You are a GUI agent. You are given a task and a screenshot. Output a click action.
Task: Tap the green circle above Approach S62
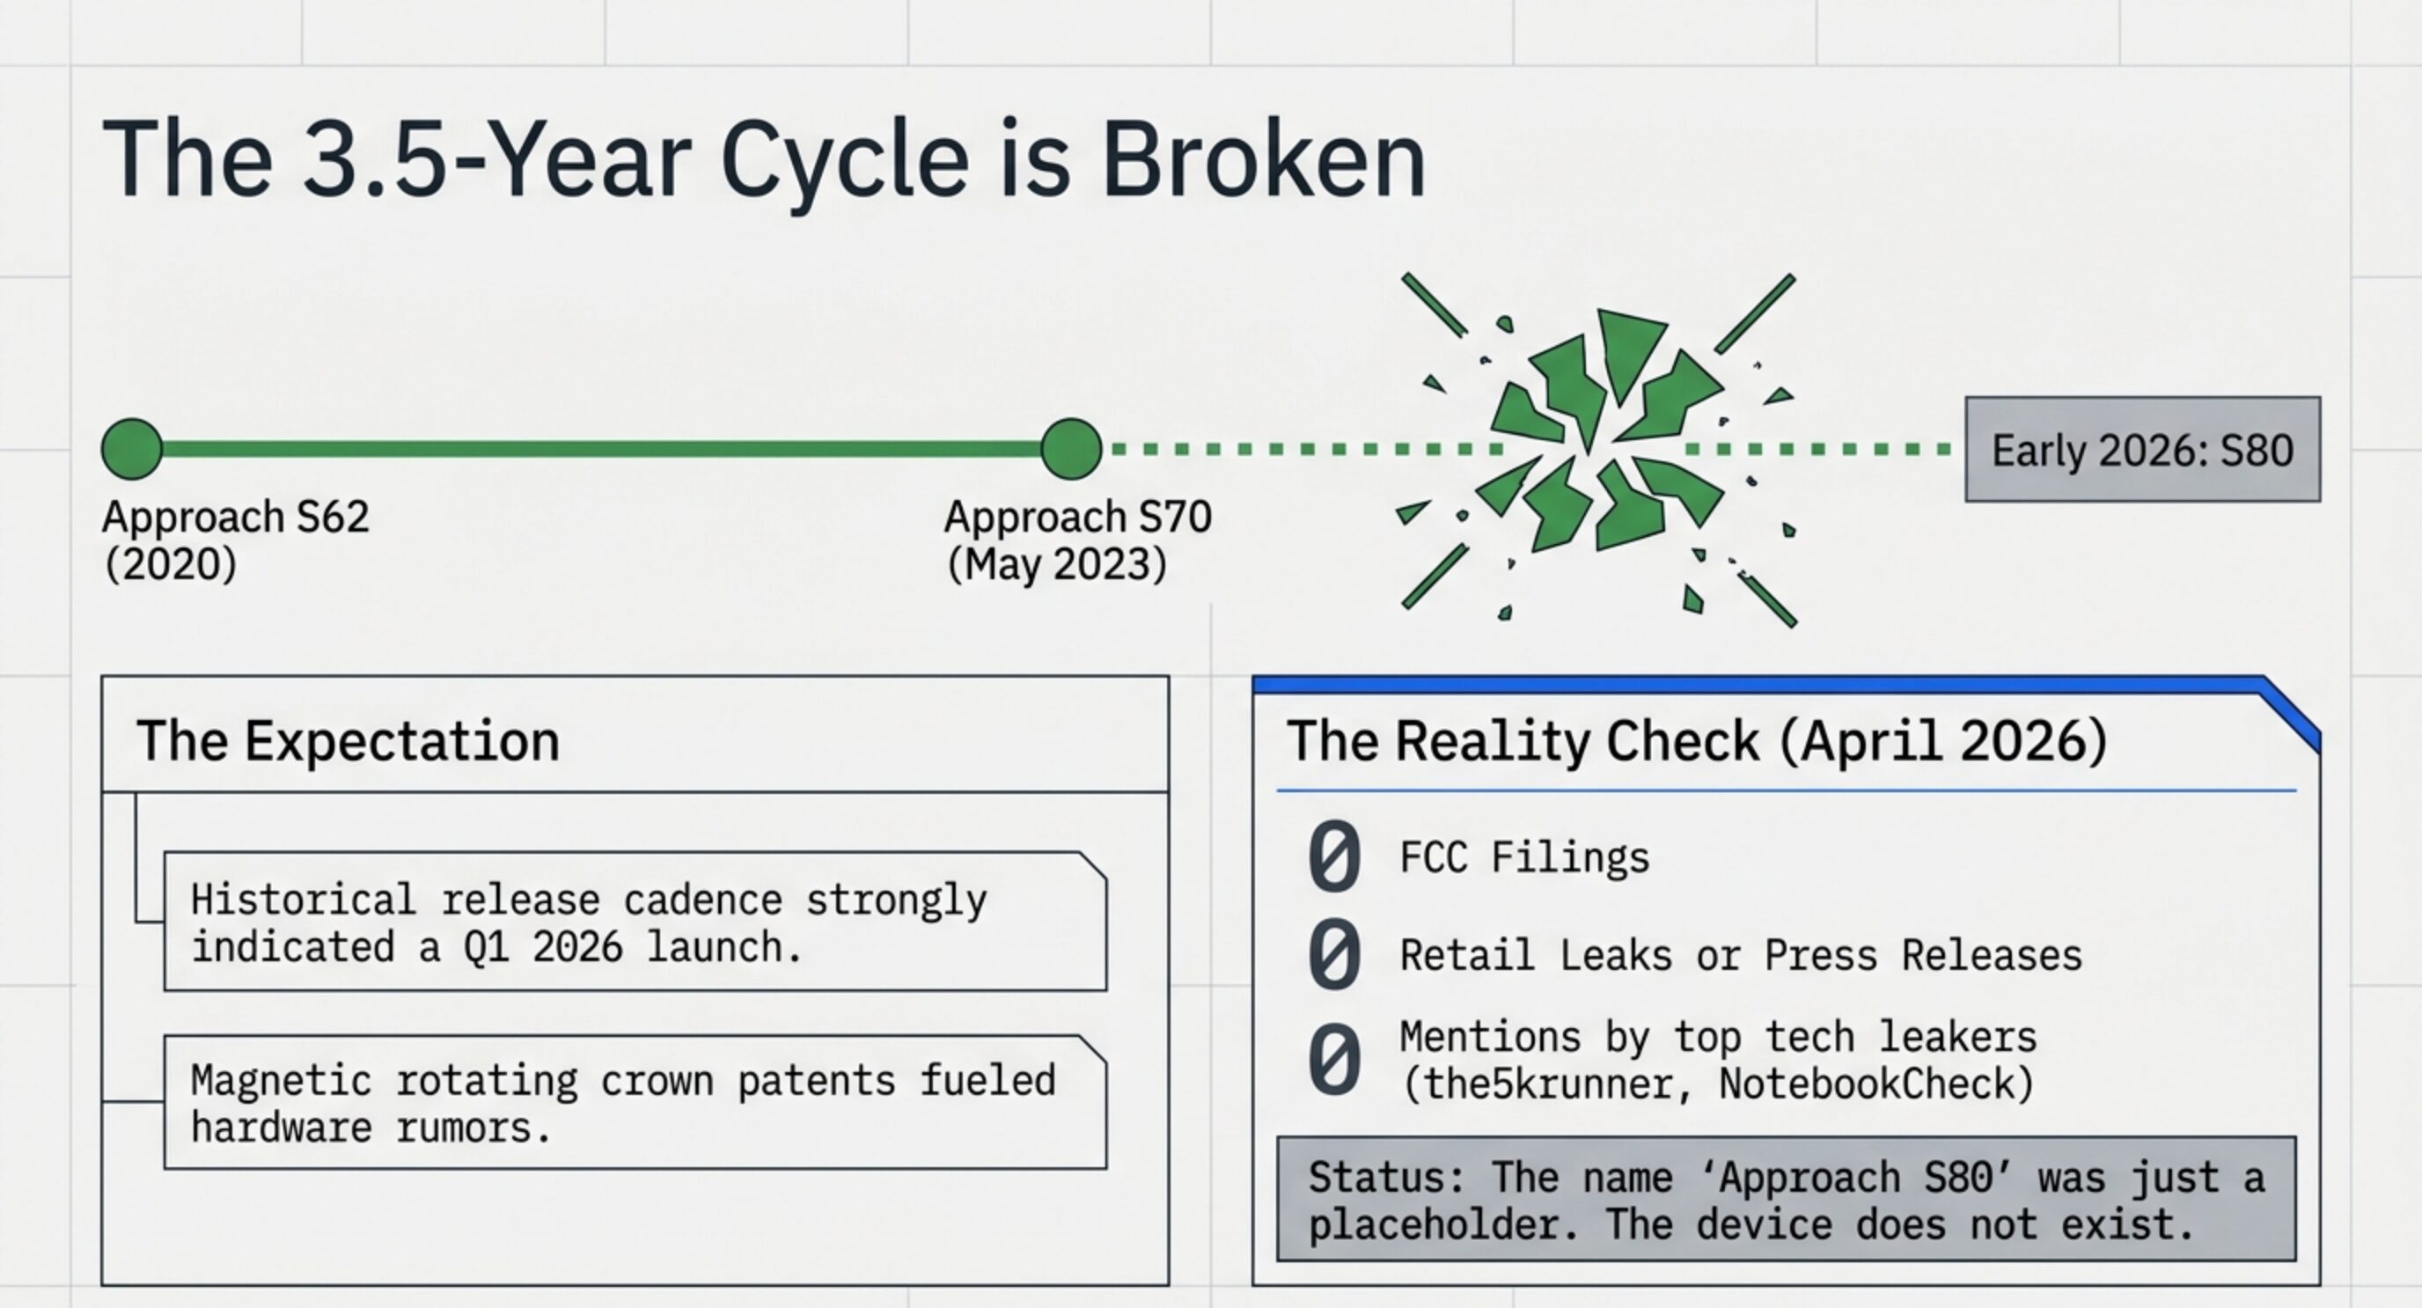(132, 450)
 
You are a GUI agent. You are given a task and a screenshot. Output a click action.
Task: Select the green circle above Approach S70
(1071, 450)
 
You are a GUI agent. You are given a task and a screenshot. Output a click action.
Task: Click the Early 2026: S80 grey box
(2142, 450)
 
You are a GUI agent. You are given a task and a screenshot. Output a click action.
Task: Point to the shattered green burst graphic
(1598, 450)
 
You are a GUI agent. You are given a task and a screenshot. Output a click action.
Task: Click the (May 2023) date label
(1057, 564)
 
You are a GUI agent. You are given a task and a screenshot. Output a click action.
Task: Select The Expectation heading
(348, 741)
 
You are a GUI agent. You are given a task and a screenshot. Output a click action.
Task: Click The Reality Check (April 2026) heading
(1696, 741)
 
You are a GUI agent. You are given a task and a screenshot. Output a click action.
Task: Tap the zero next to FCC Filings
(1334, 856)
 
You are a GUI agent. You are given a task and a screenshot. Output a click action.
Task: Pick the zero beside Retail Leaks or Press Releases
(1334, 954)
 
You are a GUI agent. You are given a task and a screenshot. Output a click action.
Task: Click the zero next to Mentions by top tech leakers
(1334, 1060)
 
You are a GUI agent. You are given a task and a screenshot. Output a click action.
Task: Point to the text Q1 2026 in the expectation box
(542, 947)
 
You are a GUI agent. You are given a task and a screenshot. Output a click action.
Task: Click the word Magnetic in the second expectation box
(281, 1080)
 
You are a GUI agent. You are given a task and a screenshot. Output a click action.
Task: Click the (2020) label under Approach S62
(170, 564)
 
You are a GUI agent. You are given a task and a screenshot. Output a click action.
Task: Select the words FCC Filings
(1524, 857)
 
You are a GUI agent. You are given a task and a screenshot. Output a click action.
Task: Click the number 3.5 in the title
(373, 160)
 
